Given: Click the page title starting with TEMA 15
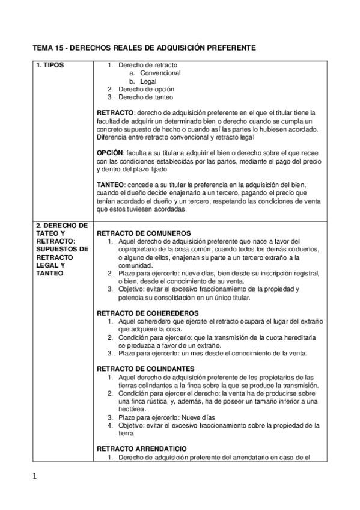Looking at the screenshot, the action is [144, 46].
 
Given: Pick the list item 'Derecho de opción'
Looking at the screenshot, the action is [147, 88].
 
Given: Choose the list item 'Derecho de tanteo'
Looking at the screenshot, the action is [146, 96].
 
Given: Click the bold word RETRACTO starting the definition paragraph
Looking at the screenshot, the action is [115, 112].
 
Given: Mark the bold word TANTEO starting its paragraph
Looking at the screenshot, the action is [111, 185].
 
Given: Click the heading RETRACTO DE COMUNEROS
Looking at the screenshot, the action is [144, 233].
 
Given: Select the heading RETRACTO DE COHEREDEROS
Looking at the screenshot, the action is [147, 313].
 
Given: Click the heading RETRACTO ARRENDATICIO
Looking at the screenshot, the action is [141, 449].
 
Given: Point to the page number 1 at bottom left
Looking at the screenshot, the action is [35, 477].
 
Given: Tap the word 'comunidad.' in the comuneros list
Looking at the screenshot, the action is [136, 265].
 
